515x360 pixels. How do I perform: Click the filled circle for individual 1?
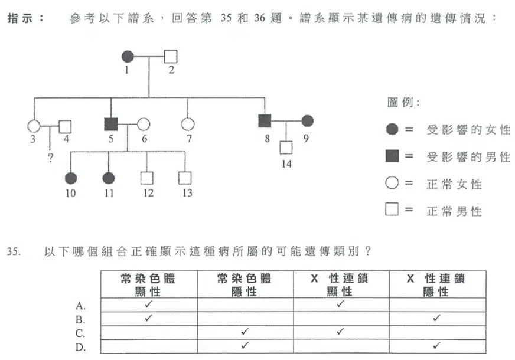tap(128, 57)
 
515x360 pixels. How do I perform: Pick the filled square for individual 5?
tap(110, 124)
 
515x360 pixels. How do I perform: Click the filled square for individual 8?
tap(265, 121)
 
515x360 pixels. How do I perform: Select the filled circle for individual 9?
tap(308, 121)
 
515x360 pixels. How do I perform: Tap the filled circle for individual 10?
tap(71, 178)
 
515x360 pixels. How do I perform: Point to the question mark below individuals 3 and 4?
tap(50, 158)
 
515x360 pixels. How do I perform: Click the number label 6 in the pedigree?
tap(144, 139)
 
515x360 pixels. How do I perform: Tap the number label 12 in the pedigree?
tap(148, 193)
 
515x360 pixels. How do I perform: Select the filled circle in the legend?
tap(392, 129)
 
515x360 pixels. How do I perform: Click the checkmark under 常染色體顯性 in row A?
tap(148, 304)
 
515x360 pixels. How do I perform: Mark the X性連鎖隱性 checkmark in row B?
tap(436, 318)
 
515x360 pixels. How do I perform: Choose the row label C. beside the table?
tap(80, 333)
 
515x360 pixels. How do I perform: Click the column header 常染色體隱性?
tap(245, 284)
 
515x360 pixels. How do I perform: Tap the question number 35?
tap(14, 251)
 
